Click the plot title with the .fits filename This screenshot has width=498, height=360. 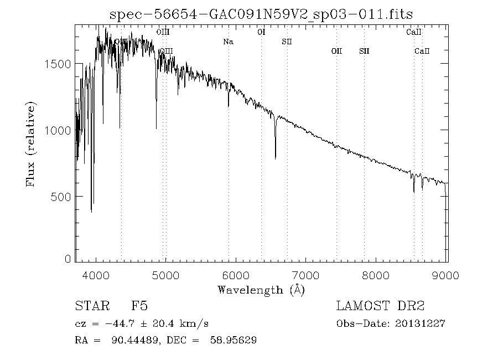click(261, 14)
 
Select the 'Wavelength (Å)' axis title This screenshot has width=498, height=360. click(261, 289)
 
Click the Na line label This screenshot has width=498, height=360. click(228, 42)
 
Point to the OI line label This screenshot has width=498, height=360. click(262, 32)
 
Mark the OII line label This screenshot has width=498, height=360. click(336, 51)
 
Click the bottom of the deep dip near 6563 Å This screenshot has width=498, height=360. click(275, 158)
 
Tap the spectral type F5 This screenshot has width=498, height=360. click(139, 306)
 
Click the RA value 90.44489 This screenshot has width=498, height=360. click(129, 340)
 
